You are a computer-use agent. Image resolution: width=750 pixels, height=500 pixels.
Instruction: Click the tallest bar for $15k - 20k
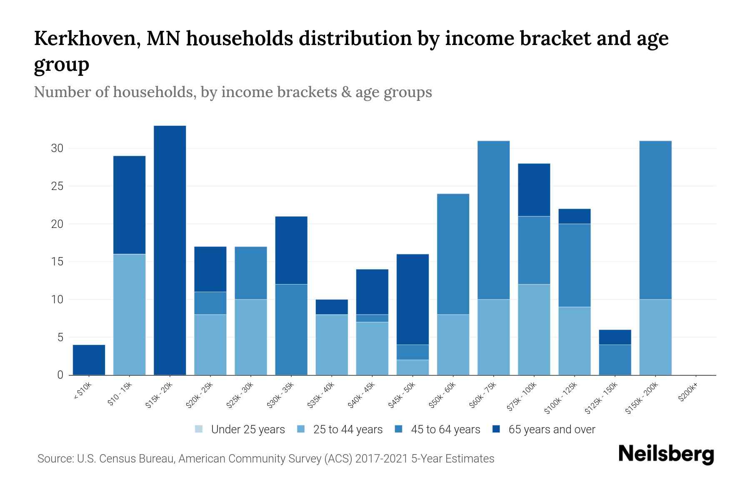(x=170, y=250)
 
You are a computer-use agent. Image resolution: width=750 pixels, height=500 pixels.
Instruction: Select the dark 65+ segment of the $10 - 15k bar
(x=129, y=205)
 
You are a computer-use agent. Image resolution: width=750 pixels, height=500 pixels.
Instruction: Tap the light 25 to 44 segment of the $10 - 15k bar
(x=129, y=315)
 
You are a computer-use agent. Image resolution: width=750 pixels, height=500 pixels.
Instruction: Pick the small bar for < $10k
(x=89, y=360)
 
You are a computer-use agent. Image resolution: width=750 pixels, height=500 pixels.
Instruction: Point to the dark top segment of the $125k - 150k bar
(x=615, y=337)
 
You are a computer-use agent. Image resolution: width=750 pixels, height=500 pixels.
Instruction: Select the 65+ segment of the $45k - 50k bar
(x=412, y=299)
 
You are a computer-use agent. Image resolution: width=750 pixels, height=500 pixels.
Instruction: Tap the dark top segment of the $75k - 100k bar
(x=534, y=190)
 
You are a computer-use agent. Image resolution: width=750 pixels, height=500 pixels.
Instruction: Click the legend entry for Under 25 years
(x=240, y=429)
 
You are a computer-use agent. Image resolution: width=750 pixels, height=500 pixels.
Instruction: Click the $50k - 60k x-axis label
(x=442, y=395)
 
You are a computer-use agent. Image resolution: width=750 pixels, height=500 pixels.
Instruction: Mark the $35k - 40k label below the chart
(x=321, y=395)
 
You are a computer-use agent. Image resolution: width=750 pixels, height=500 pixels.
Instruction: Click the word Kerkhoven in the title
(x=85, y=38)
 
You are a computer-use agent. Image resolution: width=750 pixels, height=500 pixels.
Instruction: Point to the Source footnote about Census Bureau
(x=265, y=459)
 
